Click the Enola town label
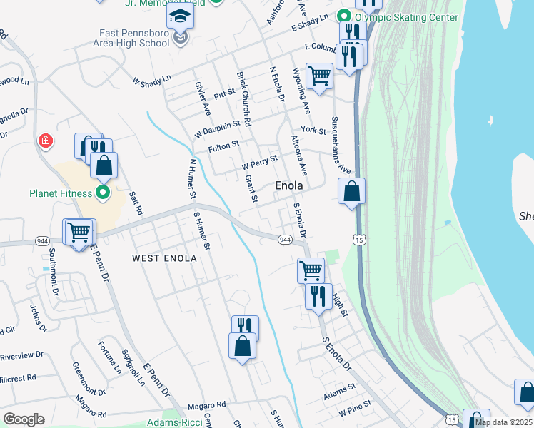289,185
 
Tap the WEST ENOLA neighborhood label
164,258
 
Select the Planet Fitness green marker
102,193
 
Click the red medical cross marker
46,141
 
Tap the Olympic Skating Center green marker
344,16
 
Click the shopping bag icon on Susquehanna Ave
351,191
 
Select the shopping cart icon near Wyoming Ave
319,75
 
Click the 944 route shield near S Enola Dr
284,238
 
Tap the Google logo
24,419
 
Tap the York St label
313,131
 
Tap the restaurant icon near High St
318,295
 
